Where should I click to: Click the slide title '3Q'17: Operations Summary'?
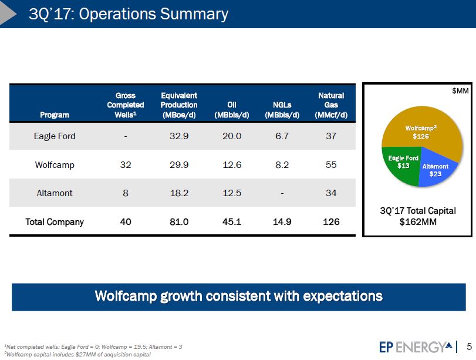(x=129, y=14)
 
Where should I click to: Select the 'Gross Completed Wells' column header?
(x=126, y=105)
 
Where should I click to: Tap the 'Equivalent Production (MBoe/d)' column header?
(x=178, y=105)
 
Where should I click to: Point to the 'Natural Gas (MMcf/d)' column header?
(x=330, y=105)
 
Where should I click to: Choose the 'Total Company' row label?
(x=55, y=222)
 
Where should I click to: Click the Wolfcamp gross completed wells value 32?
(x=125, y=165)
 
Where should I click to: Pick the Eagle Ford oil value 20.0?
(x=231, y=136)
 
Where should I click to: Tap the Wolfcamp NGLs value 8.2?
(x=282, y=165)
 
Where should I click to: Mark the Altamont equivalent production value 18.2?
(x=178, y=193)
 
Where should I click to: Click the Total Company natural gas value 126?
(x=331, y=222)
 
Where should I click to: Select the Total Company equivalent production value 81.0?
(x=178, y=222)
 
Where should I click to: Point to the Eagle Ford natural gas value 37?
(x=331, y=136)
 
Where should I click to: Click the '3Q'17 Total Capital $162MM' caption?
(x=418, y=216)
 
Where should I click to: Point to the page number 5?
(x=468, y=346)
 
